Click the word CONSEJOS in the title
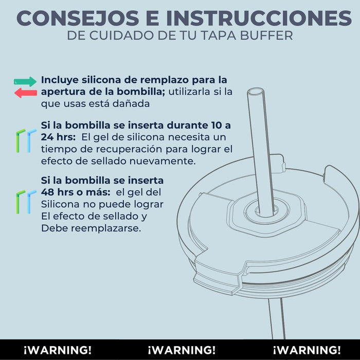tap(78, 18)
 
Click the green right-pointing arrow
tap(25, 81)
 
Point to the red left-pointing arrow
tap(26, 93)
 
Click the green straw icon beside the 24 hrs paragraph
tap(20, 140)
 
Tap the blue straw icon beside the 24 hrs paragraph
tap(30, 140)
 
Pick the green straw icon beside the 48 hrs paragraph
tap(20, 202)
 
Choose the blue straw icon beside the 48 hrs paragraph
tap(30, 202)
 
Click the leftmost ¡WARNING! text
tap(58, 350)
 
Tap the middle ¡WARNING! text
tap(182, 350)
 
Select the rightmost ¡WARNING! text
tap(307, 350)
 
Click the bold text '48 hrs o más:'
tap(76, 192)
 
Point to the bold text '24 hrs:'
tap(58, 137)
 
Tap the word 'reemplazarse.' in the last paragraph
tap(106, 229)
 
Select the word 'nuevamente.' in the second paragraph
tap(163, 161)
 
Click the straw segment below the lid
tap(277, 318)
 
